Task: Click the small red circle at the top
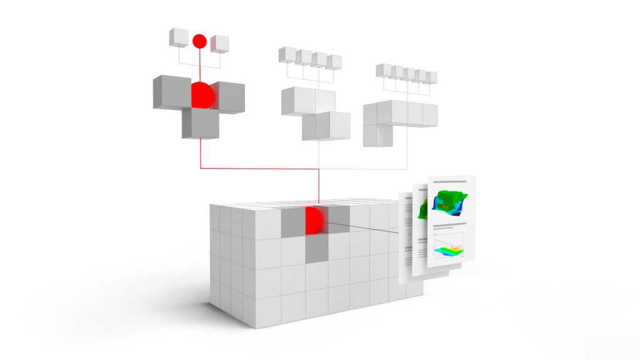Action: tap(199, 41)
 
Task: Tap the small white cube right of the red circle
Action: tap(219, 44)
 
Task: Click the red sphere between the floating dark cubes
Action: tap(202, 94)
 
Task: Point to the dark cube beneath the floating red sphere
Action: tap(200, 123)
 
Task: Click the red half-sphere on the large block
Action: tap(313, 221)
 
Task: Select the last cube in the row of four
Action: tap(334, 62)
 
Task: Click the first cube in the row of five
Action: tap(384, 70)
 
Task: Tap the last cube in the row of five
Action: tap(431, 77)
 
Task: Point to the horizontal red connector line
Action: tap(259, 168)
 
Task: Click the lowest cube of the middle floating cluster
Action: tap(325, 127)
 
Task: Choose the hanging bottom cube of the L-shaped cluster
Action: tap(376, 133)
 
